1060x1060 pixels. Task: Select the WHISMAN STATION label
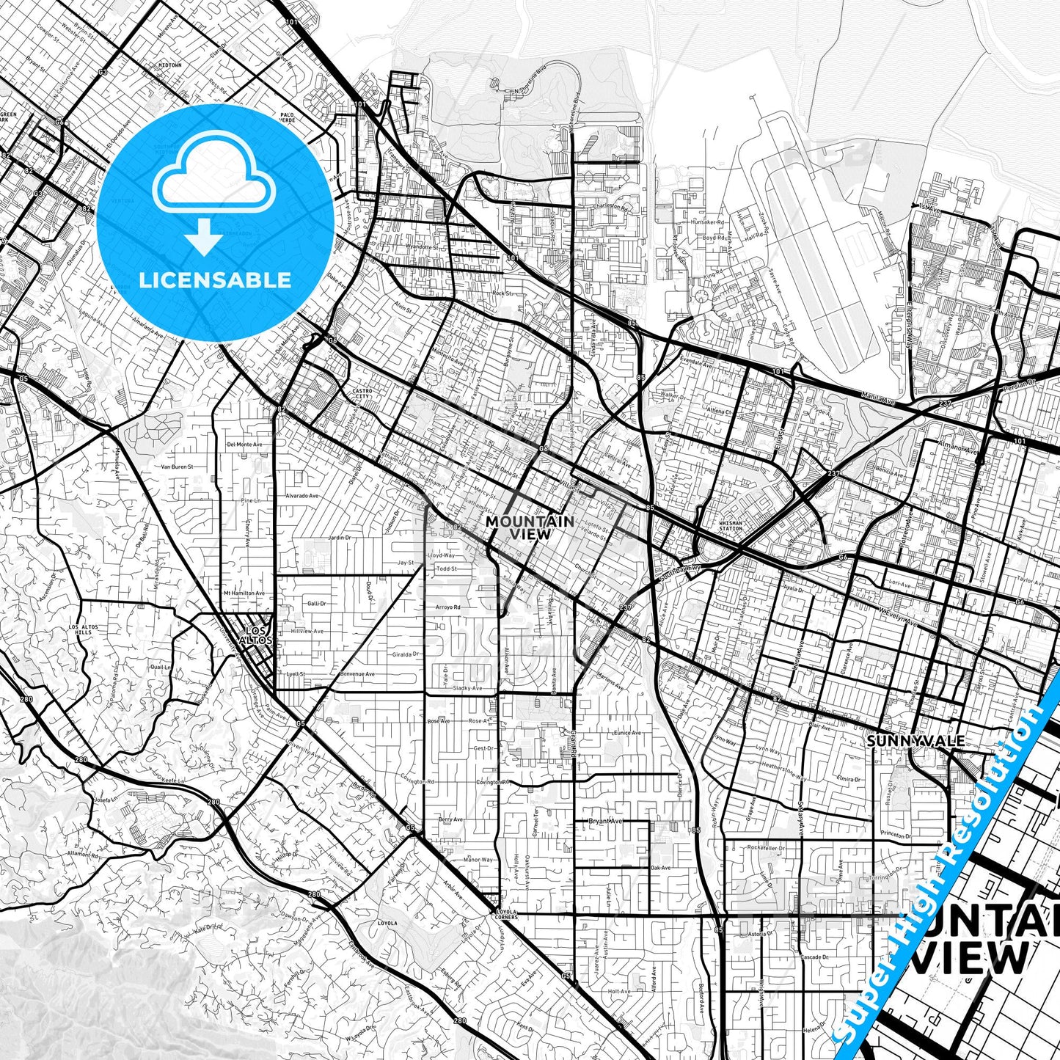[x=731, y=524]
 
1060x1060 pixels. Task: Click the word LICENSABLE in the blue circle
[x=215, y=279]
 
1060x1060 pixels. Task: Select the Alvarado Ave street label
[x=302, y=496]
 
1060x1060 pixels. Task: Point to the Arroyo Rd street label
[x=447, y=607]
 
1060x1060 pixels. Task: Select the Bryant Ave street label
[x=605, y=821]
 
